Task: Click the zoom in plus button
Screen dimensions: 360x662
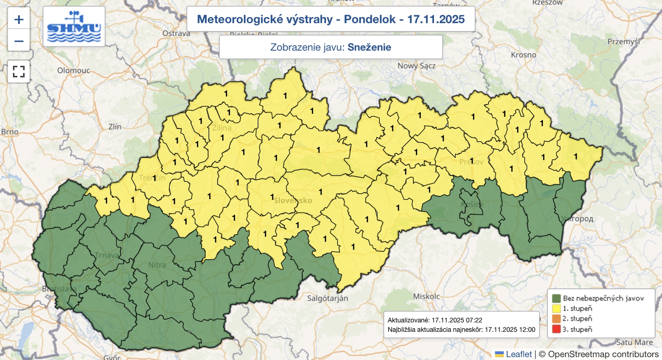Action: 19,19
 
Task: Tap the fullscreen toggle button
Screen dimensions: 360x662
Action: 19,72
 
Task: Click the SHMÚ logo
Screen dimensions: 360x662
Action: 74,26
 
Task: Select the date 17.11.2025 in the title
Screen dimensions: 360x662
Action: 436,19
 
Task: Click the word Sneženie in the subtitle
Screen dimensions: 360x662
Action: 369,47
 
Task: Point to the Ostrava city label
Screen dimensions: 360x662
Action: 176,34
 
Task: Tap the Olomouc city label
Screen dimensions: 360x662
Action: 73,70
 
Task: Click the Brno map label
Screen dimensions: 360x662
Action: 10,132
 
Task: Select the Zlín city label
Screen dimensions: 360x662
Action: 115,127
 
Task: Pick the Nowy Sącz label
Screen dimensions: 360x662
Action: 416,66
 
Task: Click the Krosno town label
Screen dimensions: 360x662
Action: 523,55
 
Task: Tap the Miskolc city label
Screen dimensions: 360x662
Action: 426,296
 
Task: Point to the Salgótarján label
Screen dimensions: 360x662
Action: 327,298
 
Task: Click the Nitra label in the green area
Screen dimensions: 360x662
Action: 157,265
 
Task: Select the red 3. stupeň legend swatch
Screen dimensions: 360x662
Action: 556,329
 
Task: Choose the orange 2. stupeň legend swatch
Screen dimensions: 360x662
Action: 556,319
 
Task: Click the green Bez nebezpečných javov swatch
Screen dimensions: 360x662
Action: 556,298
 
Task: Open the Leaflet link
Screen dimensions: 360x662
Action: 518,354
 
